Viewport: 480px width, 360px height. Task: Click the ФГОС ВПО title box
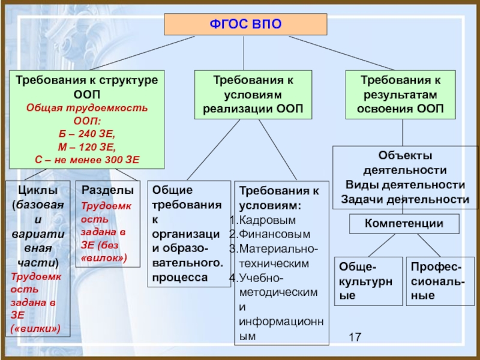[245, 25]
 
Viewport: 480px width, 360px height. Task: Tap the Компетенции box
[404, 224]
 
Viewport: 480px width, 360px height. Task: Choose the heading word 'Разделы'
[108, 190]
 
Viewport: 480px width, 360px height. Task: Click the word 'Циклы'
[37, 190]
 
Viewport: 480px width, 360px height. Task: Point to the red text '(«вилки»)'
[35, 329]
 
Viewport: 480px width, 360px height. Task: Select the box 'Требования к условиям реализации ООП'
[253, 94]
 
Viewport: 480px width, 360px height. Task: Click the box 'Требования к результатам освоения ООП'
[400, 94]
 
